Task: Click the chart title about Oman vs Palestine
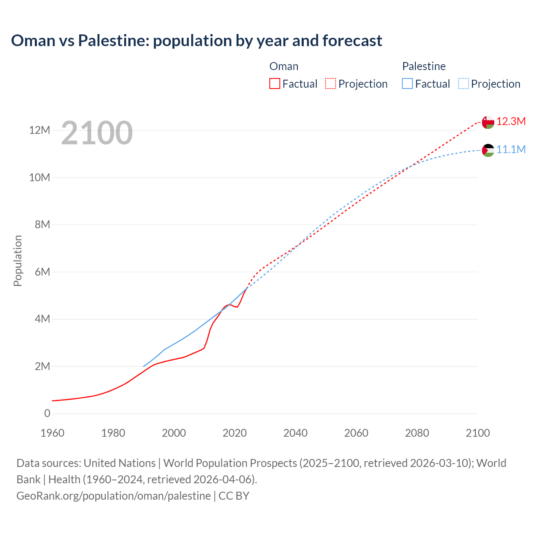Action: pyautogui.click(x=196, y=41)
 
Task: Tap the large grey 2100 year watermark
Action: pyautogui.click(x=97, y=133)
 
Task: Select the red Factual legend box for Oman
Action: pyautogui.click(x=274, y=84)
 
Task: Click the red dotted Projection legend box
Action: pyautogui.click(x=331, y=84)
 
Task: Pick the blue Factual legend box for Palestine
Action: pyautogui.click(x=407, y=84)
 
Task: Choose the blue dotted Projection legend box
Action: pyautogui.click(x=463, y=84)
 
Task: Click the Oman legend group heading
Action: pyautogui.click(x=284, y=66)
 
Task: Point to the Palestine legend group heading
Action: pyautogui.click(x=424, y=66)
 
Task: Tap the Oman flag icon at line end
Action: pyautogui.click(x=488, y=122)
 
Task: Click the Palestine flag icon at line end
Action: pyautogui.click(x=488, y=150)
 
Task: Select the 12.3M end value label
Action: pyautogui.click(x=511, y=122)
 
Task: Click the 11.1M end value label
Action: pyautogui.click(x=511, y=150)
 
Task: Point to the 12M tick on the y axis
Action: pyautogui.click(x=39, y=130)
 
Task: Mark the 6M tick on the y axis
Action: pyautogui.click(x=42, y=272)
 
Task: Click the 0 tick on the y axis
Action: pyautogui.click(x=47, y=414)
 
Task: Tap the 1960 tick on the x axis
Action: pyautogui.click(x=52, y=433)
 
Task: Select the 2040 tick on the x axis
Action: pyautogui.click(x=295, y=433)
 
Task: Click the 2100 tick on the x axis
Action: pyautogui.click(x=477, y=433)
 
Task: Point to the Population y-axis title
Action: pyautogui.click(x=18, y=261)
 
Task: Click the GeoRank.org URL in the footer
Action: pyautogui.click(x=113, y=496)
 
